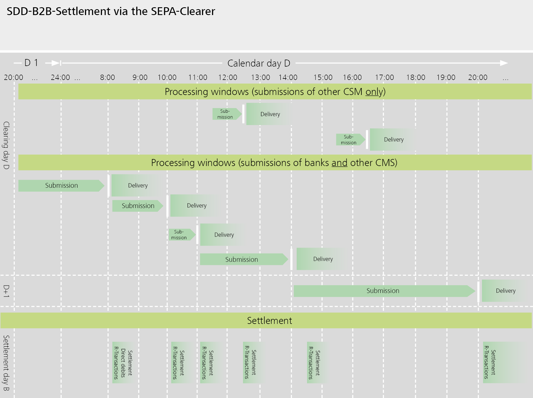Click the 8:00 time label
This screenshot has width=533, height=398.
point(107,77)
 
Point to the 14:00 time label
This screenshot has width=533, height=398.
point(288,77)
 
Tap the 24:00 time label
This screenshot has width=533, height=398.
point(60,77)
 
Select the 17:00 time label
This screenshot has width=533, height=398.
point(384,77)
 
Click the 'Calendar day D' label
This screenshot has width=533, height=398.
point(259,63)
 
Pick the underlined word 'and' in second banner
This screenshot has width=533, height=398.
point(339,163)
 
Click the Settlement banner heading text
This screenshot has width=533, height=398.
point(269,321)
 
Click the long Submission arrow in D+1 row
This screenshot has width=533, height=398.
point(383,291)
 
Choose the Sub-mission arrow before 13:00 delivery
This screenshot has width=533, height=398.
point(225,114)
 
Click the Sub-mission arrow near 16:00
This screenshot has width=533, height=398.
point(349,140)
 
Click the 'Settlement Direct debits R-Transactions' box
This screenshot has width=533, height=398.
point(123,363)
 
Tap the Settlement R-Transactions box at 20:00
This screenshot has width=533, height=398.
point(490,363)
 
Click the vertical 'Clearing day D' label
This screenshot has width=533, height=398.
point(6,145)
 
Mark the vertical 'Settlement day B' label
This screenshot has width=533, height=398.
point(6,363)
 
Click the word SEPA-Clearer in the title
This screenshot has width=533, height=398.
point(183,11)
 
